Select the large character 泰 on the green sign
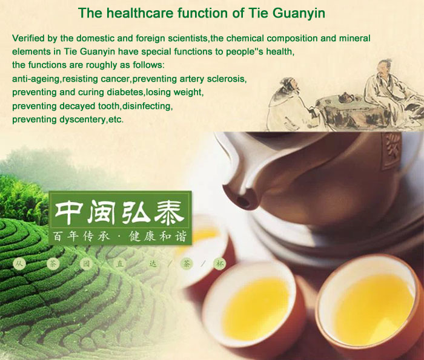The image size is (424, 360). point(170,211)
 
